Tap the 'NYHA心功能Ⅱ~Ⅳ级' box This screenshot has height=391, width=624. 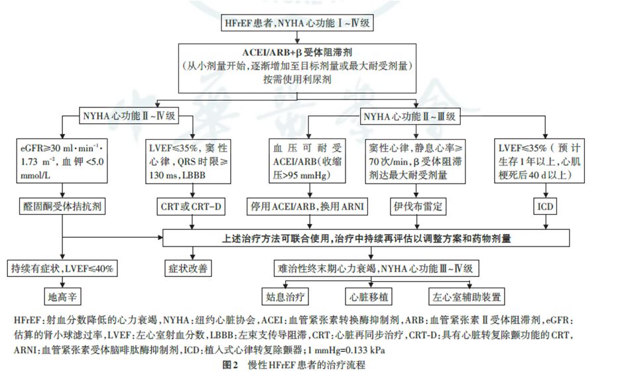[x=129, y=115]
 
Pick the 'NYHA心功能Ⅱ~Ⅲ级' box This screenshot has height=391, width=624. [x=410, y=115]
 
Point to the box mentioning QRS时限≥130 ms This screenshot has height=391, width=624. [x=193, y=160]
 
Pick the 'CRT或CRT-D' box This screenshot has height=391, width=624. [x=193, y=206]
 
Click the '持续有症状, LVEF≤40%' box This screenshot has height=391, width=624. [x=62, y=268]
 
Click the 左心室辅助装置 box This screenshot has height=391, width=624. [x=467, y=294]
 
